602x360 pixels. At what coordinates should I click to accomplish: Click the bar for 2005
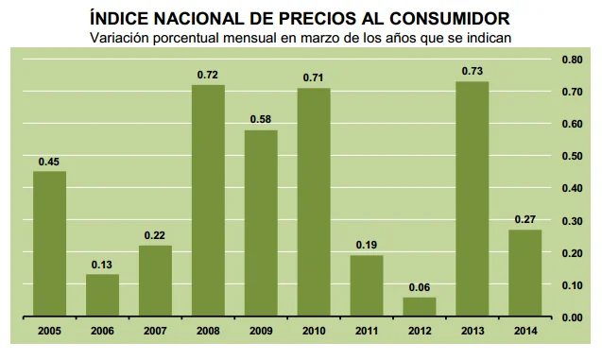[49, 244]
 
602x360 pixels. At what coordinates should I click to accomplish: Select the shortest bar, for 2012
[420, 307]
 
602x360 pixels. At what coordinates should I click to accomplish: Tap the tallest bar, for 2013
[473, 199]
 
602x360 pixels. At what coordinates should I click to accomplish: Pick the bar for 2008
[208, 200]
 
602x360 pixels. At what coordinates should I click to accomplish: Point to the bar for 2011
[367, 286]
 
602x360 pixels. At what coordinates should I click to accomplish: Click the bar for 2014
[525, 273]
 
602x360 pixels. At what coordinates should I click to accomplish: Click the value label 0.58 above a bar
[261, 118]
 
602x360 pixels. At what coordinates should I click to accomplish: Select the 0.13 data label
[102, 264]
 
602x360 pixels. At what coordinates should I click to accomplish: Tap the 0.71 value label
[314, 77]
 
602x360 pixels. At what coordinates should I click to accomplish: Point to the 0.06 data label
[420, 286]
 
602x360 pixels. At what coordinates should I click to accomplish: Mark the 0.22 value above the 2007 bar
[155, 234]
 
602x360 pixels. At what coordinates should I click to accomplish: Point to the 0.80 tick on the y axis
[571, 59]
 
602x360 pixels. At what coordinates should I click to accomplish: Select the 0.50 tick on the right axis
[571, 156]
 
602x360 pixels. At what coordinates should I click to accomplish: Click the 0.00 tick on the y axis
[571, 317]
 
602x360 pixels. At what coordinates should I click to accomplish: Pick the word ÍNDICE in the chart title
[119, 17]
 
